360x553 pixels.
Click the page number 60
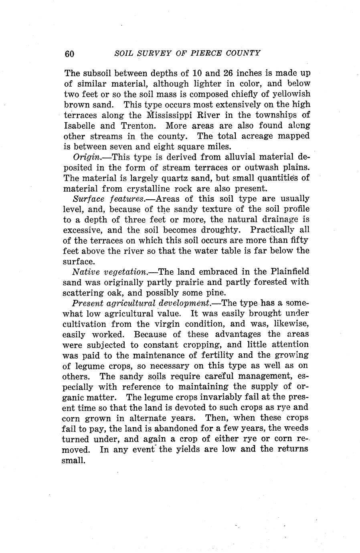tap(69, 54)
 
